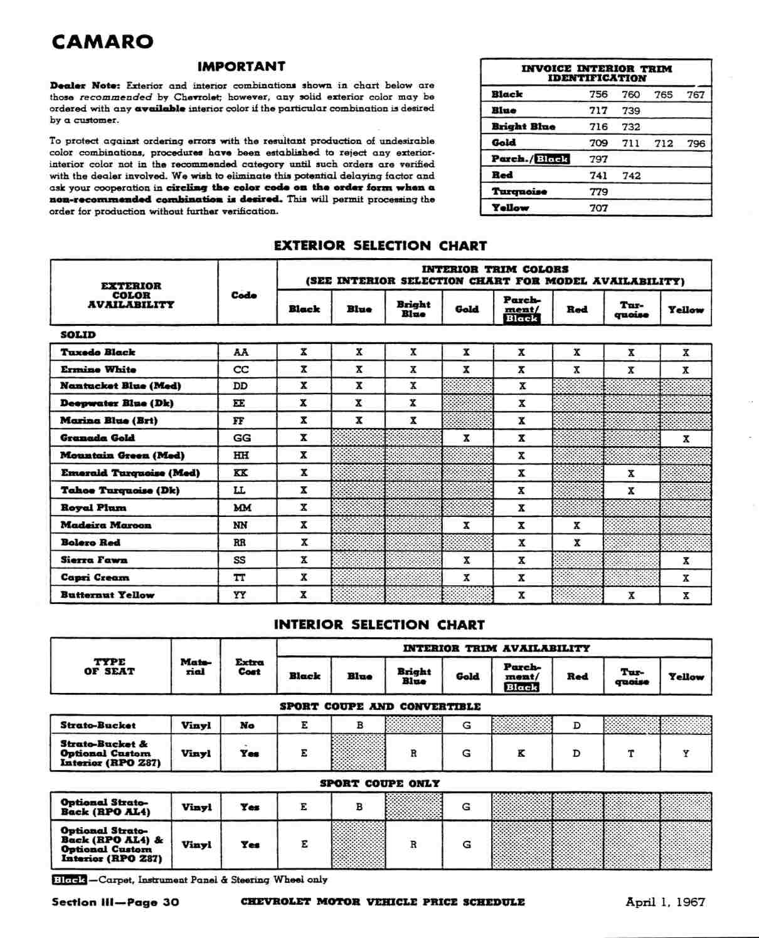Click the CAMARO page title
pos(102,42)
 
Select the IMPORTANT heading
pos(241,66)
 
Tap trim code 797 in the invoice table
pos(598,159)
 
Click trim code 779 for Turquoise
pos(598,192)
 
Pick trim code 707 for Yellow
pos(598,208)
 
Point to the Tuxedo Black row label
pos(98,352)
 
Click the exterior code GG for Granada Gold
pos(242,438)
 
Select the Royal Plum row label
pos(93,508)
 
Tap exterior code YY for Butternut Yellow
pos(240,595)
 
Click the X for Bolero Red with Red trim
pos(576,543)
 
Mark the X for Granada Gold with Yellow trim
pos(686,439)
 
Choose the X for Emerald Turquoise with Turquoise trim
pos(631,473)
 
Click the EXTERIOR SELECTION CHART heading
pos(380,246)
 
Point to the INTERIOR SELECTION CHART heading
pos(379,625)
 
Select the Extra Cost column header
pos(249,667)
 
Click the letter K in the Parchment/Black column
pos(521,753)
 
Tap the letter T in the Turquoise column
pos(631,753)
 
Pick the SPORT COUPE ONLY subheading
pos(379,783)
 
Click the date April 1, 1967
pos(665,902)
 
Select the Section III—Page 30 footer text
pos(115,902)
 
